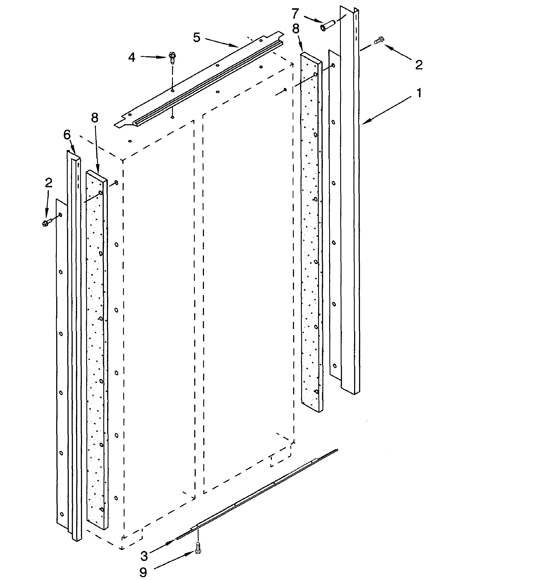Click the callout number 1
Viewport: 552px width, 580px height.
coord(419,93)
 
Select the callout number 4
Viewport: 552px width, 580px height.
coord(131,57)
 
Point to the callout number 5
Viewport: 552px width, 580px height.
coord(197,38)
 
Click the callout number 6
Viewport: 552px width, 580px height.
coord(67,135)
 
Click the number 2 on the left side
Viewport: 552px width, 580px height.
coord(49,183)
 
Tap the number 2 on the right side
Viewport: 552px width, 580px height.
coord(419,65)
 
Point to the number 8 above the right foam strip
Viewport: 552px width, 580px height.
coord(296,29)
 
